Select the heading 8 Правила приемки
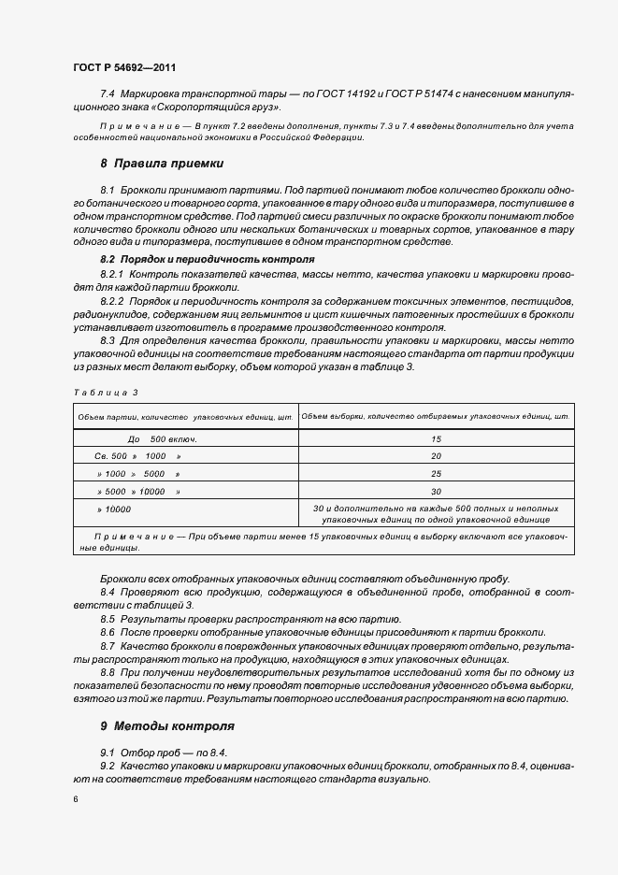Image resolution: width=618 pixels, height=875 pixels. (x=161, y=163)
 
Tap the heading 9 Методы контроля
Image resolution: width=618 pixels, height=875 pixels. (x=166, y=725)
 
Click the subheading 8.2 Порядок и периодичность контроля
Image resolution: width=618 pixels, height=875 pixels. (x=207, y=259)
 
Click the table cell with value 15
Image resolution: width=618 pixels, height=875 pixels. (x=436, y=438)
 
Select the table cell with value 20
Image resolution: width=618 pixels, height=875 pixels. (x=436, y=456)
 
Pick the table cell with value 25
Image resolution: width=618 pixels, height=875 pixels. (x=436, y=474)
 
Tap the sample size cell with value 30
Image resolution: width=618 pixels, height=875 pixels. (x=436, y=492)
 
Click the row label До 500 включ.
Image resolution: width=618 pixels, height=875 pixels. (x=161, y=438)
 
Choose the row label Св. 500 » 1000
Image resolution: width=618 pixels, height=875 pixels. (x=137, y=456)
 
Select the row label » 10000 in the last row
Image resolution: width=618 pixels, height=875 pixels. (x=114, y=509)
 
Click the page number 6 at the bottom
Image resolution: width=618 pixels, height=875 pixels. (x=75, y=799)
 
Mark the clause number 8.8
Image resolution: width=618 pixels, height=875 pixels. (x=108, y=672)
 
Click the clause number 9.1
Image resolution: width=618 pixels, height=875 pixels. (x=108, y=753)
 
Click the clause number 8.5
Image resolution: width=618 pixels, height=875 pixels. (x=108, y=619)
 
